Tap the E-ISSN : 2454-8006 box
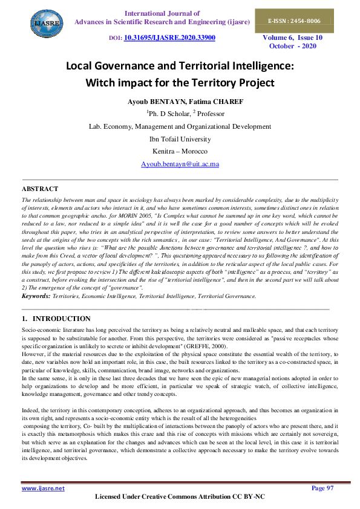click(295, 21)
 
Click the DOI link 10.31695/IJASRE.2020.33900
click(169, 38)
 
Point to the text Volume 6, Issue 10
click(292, 37)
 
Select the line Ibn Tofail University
click(180, 138)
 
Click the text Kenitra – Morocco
click(180, 151)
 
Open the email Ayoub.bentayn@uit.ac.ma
click(180, 164)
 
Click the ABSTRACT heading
click(41, 189)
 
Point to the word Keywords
click(36, 296)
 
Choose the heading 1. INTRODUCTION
click(56, 319)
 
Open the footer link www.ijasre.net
click(43, 488)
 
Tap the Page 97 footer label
click(322, 488)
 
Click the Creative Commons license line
click(180, 497)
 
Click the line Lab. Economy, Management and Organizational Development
click(180, 126)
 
